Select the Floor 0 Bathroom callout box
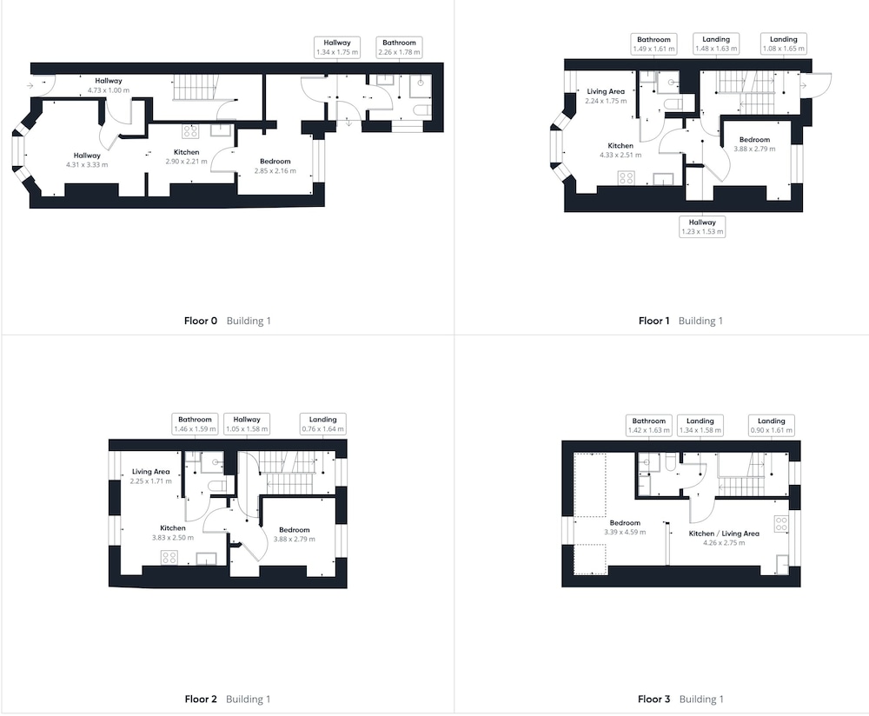click(399, 47)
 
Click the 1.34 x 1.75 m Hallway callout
click(337, 47)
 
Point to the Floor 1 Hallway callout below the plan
click(702, 227)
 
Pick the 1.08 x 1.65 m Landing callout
click(783, 43)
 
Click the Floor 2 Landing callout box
click(322, 424)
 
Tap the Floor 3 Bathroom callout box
click(648, 425)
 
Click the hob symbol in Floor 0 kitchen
click(190, 131)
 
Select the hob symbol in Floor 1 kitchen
click(627, 178)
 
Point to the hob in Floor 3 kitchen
click(781, 524)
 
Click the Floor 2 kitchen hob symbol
click(169, 558)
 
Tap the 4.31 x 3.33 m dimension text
click(87, 164)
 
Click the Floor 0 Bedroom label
click(275, 162)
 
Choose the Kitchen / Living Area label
click(724, 534)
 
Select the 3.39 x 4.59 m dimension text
click(625, 532)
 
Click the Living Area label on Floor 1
click(606, 91)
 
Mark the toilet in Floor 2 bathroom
click(216, 486)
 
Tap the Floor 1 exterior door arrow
click(804, 85)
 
